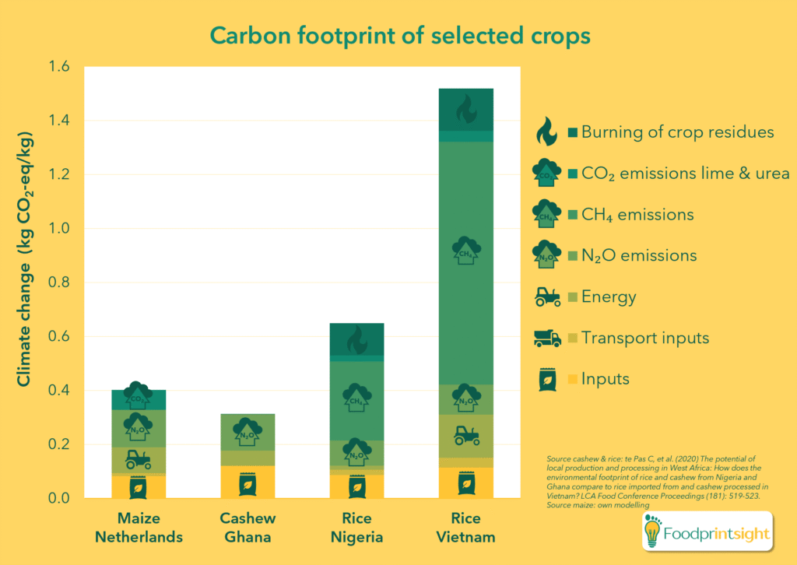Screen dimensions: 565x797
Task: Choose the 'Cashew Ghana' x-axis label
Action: pos(248,528)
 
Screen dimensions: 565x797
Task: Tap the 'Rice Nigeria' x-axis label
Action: pos(356,528)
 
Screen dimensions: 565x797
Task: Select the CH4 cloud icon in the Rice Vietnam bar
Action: pos(465,251)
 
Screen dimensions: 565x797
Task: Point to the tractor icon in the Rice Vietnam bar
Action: pos(465,435)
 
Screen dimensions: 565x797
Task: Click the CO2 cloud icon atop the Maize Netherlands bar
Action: pos(139,396)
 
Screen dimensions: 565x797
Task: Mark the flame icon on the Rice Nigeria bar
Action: pos(356,339)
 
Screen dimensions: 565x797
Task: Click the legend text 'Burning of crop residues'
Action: pos(677,132)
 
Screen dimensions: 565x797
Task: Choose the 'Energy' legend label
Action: pos(609,297)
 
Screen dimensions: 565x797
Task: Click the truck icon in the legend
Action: pos(546,338)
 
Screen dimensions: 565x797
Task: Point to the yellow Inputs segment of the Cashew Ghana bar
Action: pos(248,482)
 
